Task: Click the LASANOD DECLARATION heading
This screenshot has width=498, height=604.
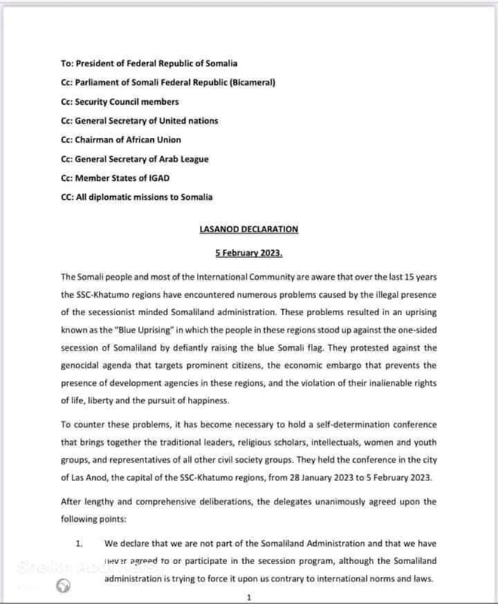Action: [249, 229]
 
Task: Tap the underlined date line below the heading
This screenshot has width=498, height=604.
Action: [249, 253]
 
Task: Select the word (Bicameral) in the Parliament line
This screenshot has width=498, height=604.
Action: [249, 82]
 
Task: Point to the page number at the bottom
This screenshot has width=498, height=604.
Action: [248, 598]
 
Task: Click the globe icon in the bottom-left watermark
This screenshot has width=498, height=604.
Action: [65, 584]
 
